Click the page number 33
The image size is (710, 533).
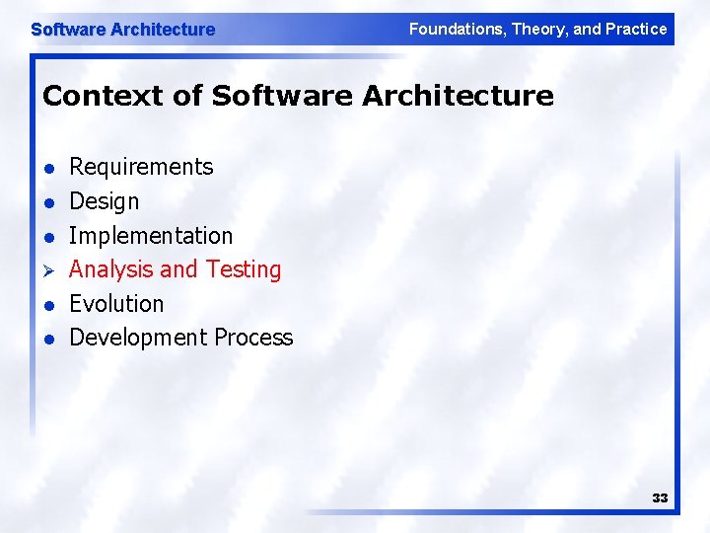(660, 497)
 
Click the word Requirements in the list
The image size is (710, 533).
(141, 167)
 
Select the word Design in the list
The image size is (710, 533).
(104, 201)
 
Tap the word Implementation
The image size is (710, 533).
(151, 236)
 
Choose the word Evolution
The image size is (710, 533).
(116, 304)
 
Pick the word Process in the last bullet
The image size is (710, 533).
(253, 338)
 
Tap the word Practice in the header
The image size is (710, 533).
(636, 29)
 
